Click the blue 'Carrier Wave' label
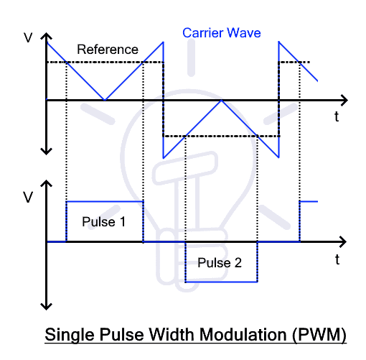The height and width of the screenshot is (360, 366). [x=222, y=33]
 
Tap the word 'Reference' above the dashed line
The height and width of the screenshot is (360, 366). [x=108, y=50]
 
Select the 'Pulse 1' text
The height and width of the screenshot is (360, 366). [x=103, y=221]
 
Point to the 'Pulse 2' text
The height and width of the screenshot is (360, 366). [x=220, y=262]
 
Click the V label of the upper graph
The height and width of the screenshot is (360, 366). [x=28, y=37]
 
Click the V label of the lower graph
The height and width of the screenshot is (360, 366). [x=28, y=198]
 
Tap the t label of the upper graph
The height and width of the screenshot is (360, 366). [x=337, y=116]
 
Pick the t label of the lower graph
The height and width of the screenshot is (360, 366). [x=337, y=259]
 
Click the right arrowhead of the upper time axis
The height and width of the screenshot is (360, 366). [x=344, y=100]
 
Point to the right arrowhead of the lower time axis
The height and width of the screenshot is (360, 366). [x=343, y=241]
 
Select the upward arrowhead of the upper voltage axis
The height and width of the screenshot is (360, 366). [x=46, y=36]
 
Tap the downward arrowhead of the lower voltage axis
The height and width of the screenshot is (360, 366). [x=46, y=306]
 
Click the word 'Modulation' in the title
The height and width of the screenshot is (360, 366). [x=243, y=334]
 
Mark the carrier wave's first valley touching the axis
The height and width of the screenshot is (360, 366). [x=105, y=99]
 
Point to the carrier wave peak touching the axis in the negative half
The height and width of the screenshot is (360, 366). [x=222, y=101]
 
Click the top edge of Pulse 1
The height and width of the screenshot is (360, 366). [x=105, y=202]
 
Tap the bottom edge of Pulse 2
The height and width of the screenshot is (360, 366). [x=221, y=282]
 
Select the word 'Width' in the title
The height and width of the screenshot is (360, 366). [x=172, y=334]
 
